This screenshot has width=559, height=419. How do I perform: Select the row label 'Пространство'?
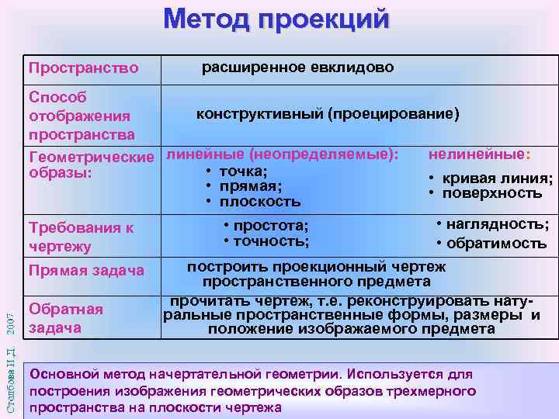point(83,68)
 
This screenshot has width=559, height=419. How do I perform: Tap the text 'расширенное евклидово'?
point(298,68)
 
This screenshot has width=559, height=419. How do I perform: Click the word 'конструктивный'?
point(259,114)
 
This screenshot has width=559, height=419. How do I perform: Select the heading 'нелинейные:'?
point(479,154)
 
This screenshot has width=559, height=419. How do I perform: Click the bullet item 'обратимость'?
point(496,244)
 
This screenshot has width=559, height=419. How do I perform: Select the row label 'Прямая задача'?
point(86,271)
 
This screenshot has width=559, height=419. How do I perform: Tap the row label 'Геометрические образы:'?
point(90,163)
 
